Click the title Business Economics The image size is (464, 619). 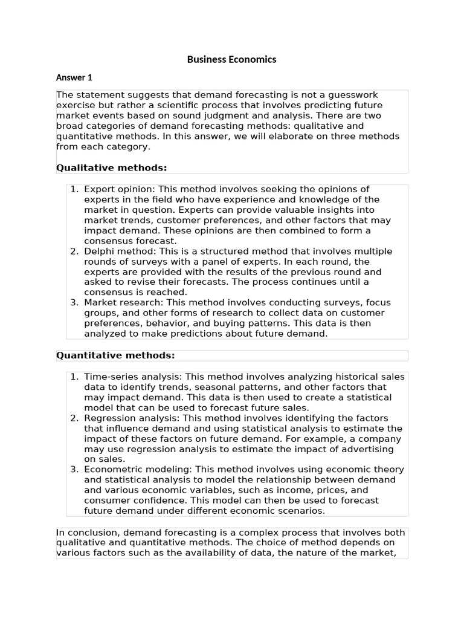pyautogui.click(x=231, y=59)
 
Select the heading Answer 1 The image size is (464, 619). pyautogui.click(x=74, y=77)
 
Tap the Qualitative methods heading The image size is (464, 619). pyautogui.click(x=111, y=167)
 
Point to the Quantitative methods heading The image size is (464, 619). pyautogui.click(x=115, y=355)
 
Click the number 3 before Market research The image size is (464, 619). pyautogui.click(x=74, y=303)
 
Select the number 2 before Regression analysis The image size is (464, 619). pyautogui.click(x=74, y=418)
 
